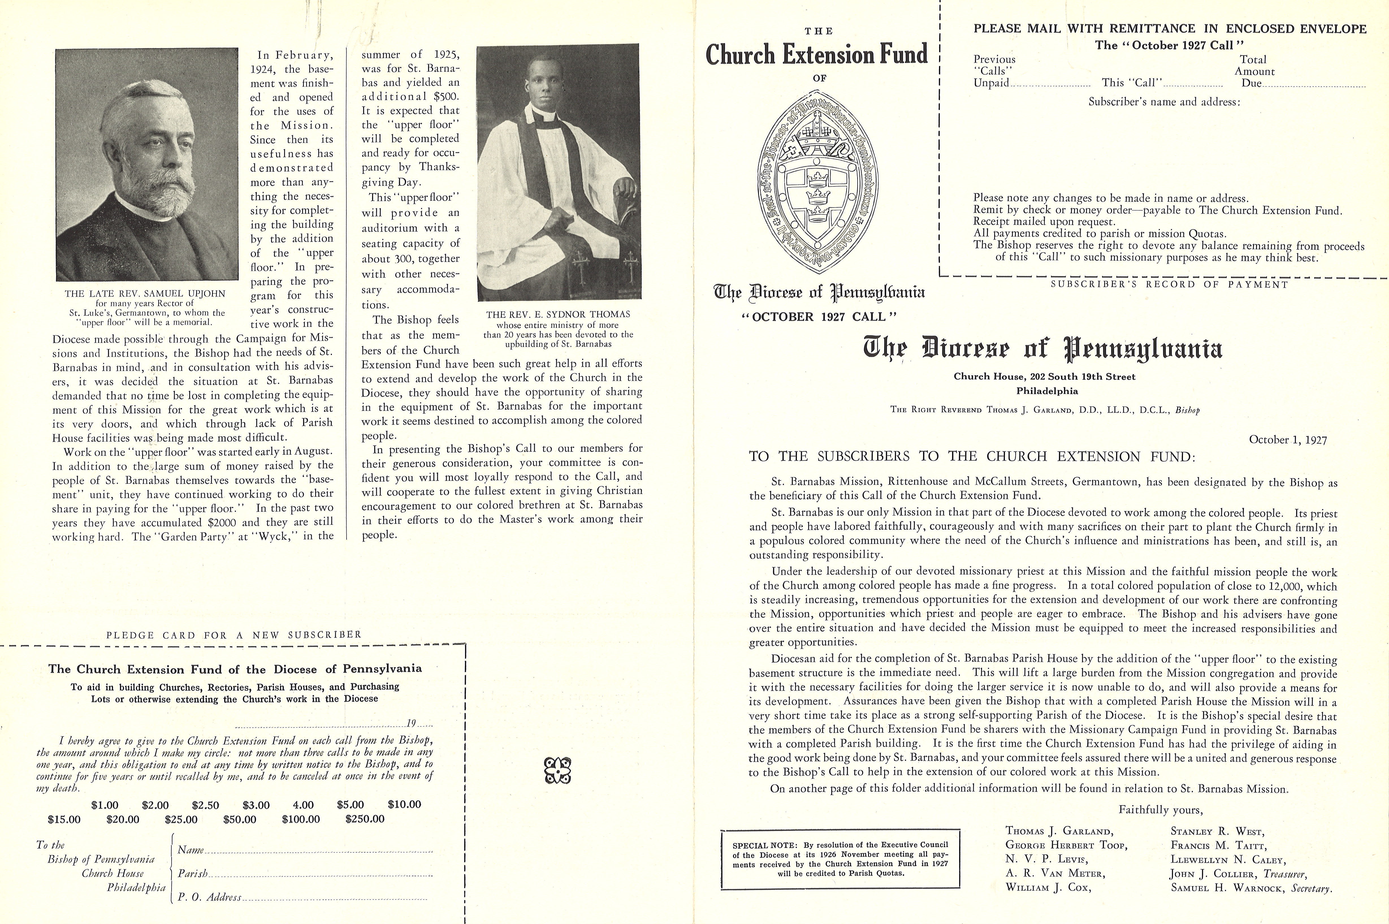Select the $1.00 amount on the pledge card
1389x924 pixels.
point(105,805)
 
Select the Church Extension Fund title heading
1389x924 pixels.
point(816,55)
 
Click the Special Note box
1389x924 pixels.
point(840,859)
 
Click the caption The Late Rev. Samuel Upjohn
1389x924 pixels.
point(145,293)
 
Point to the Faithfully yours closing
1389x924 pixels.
point(1160,810)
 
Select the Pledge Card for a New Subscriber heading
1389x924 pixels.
point(233,635)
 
